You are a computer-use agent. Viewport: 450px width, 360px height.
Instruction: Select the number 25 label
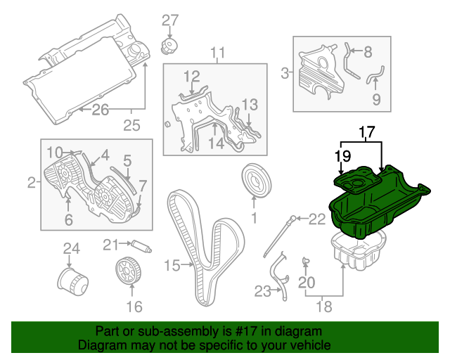(132, 126)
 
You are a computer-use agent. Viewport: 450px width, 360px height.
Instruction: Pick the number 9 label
(376, 99)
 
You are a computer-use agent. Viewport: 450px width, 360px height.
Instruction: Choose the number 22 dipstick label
(317, 219)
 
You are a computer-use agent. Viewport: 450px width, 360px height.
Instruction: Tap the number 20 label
(304, 283)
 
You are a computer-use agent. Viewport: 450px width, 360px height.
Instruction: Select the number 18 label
(323, 307)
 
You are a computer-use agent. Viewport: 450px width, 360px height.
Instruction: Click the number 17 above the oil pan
(368, 131)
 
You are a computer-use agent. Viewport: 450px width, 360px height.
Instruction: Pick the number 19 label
(342, 156)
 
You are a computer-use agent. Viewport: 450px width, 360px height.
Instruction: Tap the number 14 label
(216, 143)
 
